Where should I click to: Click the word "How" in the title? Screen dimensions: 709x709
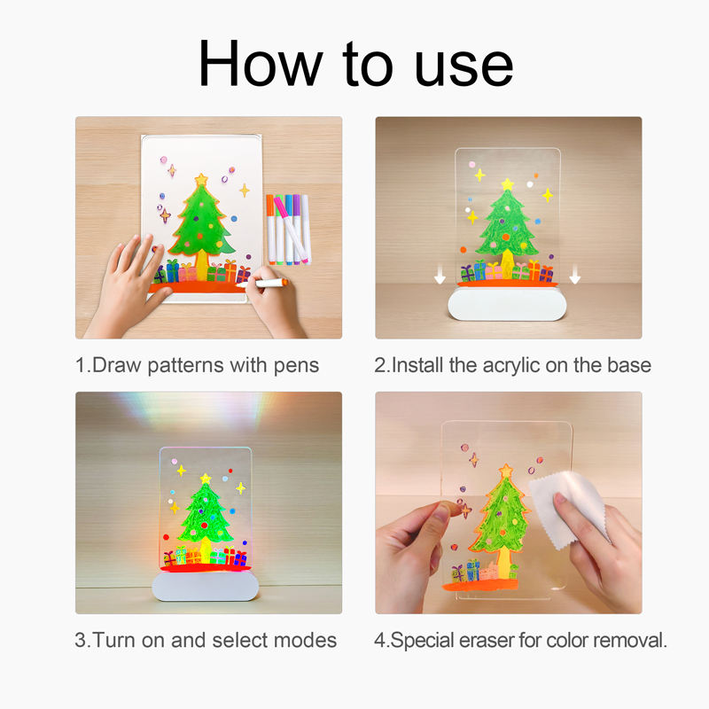[x=260, y=63]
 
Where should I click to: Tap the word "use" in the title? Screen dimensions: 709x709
[x=464, y=68]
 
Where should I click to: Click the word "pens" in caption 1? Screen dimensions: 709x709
[x=296, y=366]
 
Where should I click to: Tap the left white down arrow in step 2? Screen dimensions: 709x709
[x=440, y=275]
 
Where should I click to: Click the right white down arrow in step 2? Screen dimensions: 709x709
[x=574, y=275]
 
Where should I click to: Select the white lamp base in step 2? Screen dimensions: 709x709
[x=507, y=303]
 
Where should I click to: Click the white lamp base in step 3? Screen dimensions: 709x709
[x=206, y=586]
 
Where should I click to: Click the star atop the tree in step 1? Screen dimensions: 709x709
[x=201, y=180]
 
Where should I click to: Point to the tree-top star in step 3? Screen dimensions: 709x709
[x=206, y=479]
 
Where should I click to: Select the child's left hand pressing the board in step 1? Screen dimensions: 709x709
[x=128, y=284]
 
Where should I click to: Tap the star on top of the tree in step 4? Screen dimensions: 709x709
[x=506, y=471]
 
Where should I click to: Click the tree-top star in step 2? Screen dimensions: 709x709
[x=507, y=184]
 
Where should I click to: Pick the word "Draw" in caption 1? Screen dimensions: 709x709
[x=117, y=365]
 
